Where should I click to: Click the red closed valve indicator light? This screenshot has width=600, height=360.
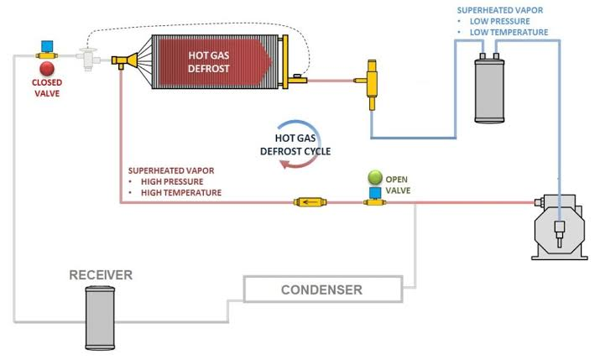pyautogui.click(x=47, y=69)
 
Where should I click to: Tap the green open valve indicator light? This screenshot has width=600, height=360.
pyautogui.click(x=375, y=178)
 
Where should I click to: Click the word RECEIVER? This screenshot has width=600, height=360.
pyautogui.click(x=101, y=274)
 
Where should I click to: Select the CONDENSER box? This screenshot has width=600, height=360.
pyautogui.click(x=323, y=290)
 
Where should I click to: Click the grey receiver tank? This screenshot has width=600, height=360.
pyautogui.click(x=100, y=317)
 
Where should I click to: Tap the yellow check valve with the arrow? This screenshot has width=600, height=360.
pyautogui.click(x=310, y=202)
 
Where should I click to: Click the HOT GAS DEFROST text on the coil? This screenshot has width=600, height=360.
pyautogui.click(x=209, y=62)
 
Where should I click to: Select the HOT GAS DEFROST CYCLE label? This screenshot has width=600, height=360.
pyautogui.click(x=295, y=144)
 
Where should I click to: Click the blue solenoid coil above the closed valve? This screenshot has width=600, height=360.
pyautogui.click(x=47, y=47)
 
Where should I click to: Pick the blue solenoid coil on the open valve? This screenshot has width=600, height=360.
pyautogui.click(x=375, y=193)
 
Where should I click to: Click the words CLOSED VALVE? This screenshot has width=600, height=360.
pyautogui.click(x=47, y=88)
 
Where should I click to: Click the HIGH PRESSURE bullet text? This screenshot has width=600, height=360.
pyautogui.click(x=172, y=182)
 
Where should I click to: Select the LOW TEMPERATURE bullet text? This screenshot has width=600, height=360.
pyautogui.click(x=509, y=32)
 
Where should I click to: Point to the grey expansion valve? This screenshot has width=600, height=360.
pyautogui.click(x=88, y=59)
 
